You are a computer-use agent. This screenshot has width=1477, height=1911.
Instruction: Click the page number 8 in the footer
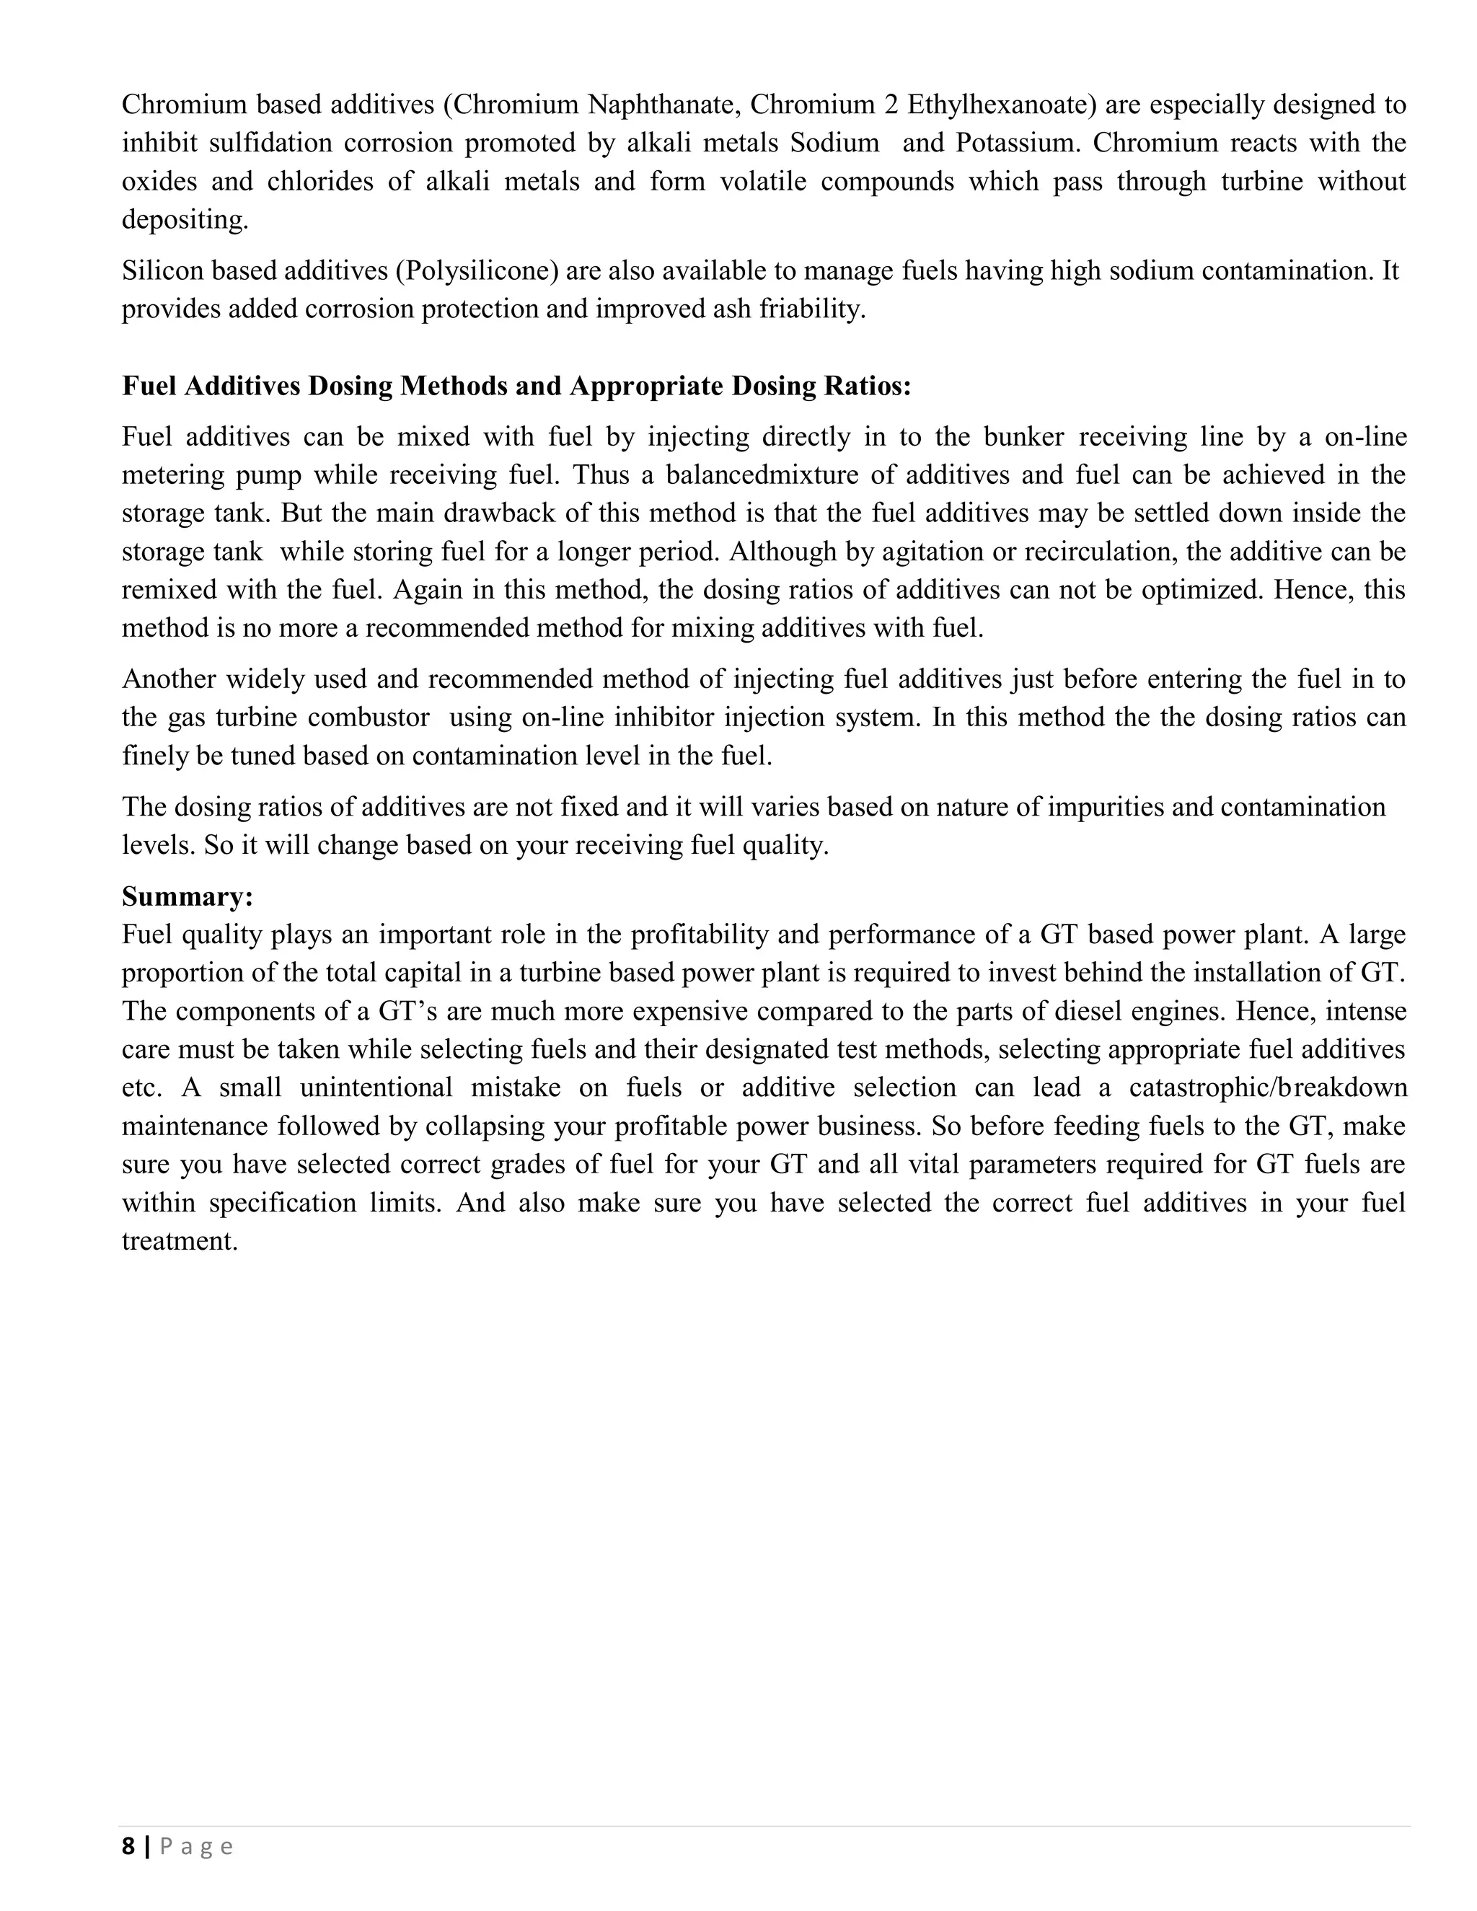(x=128, y=1846)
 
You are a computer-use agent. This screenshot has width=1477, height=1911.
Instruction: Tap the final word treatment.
(x=180, y=1241)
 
